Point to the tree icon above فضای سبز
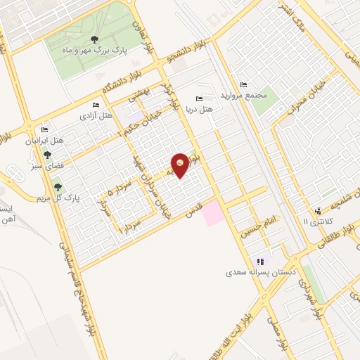coord(47,155)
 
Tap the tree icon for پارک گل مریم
coord(58,187)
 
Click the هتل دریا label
coord(203,110)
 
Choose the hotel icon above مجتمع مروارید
coord(244,84)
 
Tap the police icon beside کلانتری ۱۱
coord(318,210)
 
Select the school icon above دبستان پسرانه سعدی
coord(259,260)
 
